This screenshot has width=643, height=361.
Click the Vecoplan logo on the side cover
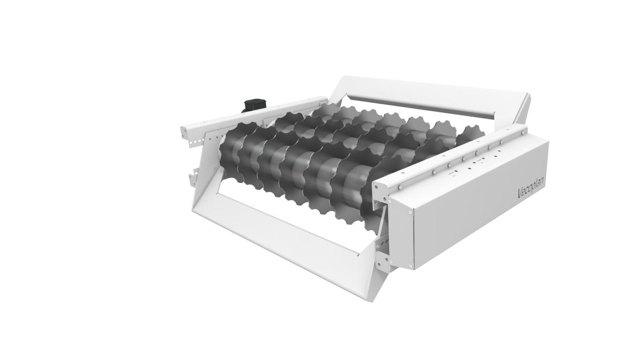pos(531,186)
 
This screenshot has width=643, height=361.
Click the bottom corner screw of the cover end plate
pos(411,265)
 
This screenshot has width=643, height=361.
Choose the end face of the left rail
pos(184,130)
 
